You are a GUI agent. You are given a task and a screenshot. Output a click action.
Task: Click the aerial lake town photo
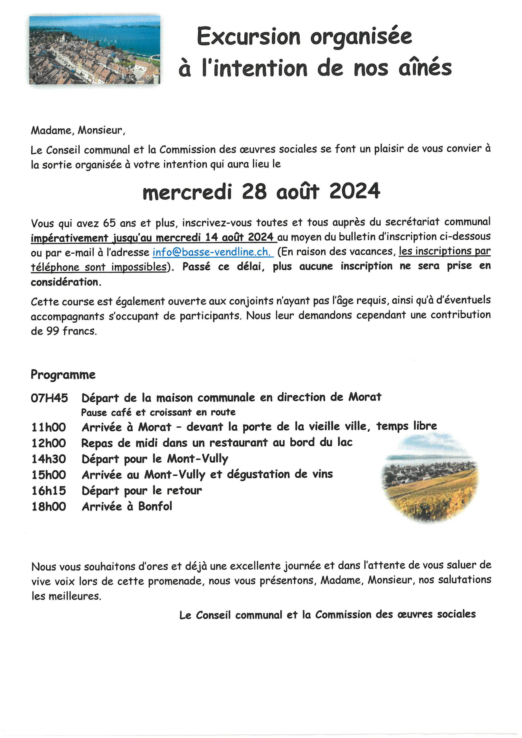point(95,50)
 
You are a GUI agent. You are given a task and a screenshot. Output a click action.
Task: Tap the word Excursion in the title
point(248,37)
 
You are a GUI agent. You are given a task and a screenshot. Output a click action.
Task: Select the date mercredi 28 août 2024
point(261,192)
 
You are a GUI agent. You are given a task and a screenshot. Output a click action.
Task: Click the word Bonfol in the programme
point(155,507)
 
